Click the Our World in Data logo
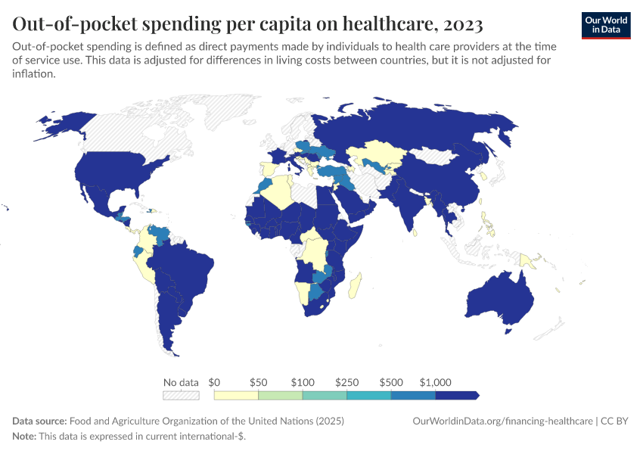(606, 25)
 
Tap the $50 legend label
(258, 382)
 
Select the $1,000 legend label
(435, 382)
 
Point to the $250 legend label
(346, 382)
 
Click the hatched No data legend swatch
(181, 395)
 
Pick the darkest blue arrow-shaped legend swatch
(457, 395)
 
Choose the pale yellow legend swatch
(236, 395)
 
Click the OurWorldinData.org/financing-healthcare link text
(503, 421)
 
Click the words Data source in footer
(39, 421)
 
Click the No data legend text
(181, 382)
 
